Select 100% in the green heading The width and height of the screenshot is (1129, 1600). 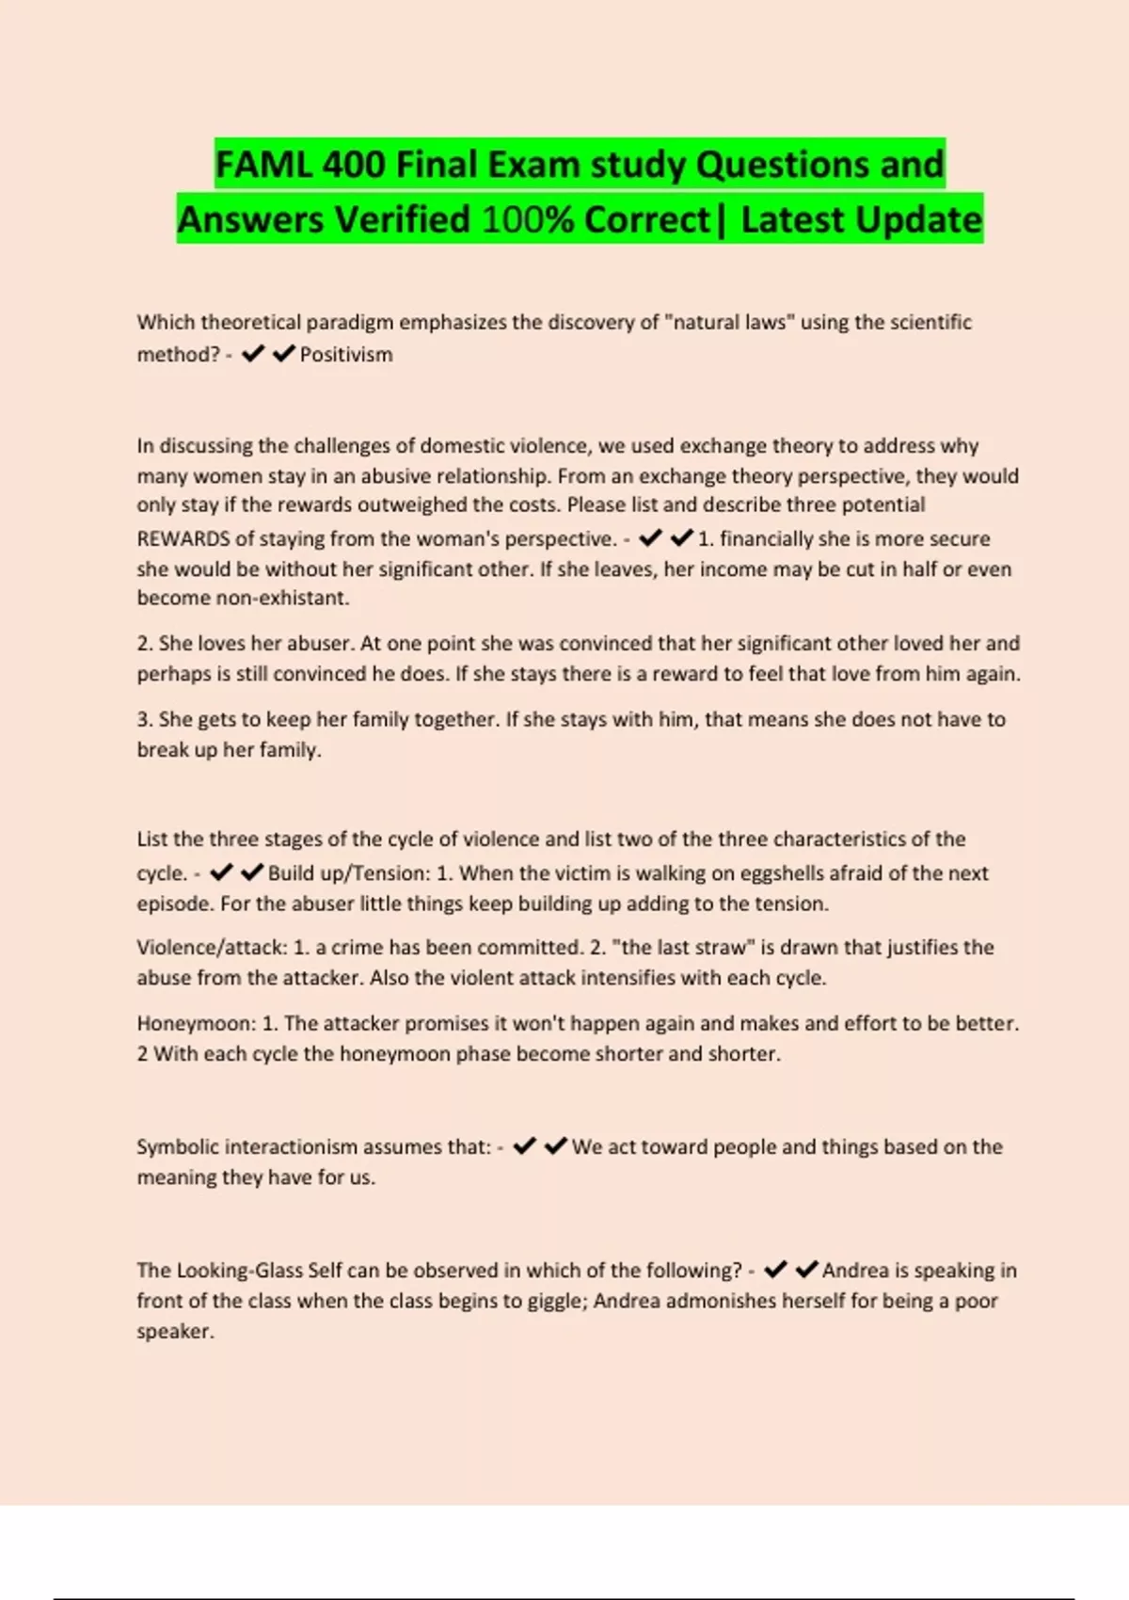[527, 220]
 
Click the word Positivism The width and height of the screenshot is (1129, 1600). [346, 355]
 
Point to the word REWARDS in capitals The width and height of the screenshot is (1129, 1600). [183, 538]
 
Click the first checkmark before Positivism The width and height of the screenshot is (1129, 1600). [253, 354]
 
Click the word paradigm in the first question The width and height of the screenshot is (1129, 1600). [350, 322]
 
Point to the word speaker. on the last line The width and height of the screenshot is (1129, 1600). [175, 1332]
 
